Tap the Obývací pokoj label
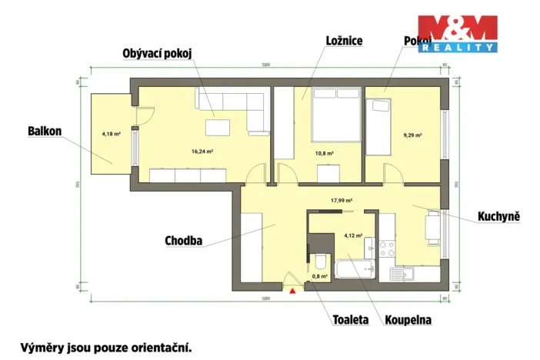coord(156,53)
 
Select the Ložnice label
coord(343,41)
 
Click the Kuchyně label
coord(499,218)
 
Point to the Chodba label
coord(184,241)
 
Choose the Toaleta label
coord(351,318)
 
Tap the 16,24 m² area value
coord(202,152)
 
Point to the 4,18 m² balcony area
coord(112,134)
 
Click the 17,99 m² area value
coord(341,201)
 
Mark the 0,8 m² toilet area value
coord(318,275)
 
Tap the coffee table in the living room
coord(220,125)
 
